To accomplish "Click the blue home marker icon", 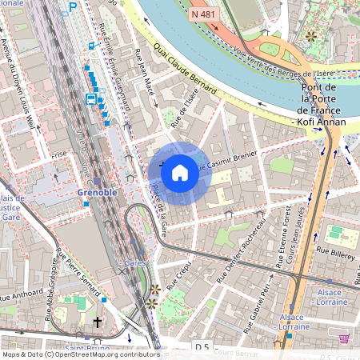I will (x=180, y=173).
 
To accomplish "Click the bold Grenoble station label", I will (x=98, y=193).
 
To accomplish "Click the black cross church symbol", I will (x=98, y=322).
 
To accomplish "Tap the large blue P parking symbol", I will (x=74, y=7).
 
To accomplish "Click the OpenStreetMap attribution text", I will (x=81, y=354).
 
